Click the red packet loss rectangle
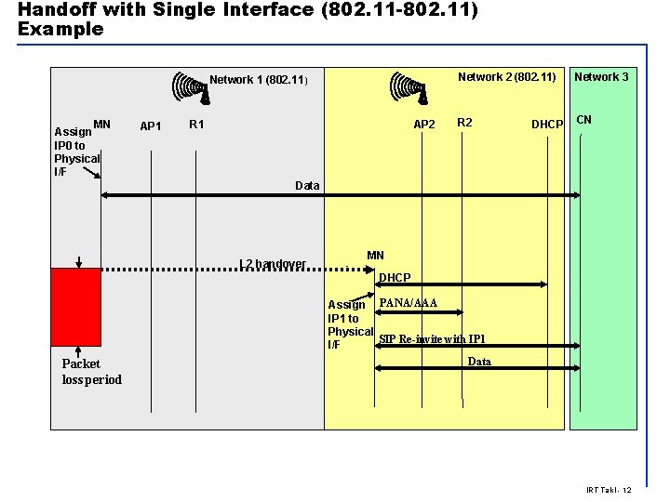tap(75, 307)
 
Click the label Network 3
tap(601, 77)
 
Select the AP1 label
tap(151, 125)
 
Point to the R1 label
tap(197, 124)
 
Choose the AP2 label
tap(424, 125)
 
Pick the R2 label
tap(465, 123)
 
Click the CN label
tap(584, 120)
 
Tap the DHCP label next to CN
tap(547, 125)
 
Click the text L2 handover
tap(273, 264)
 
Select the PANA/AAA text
tap(409, 303)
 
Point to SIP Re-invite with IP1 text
tap(432, 339)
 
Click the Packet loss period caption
tap(91, 371)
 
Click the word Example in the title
tap(60, 29)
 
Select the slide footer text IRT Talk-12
tap(610, 490)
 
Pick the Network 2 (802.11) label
tap(507, 77)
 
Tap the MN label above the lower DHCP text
tap(375, 256)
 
